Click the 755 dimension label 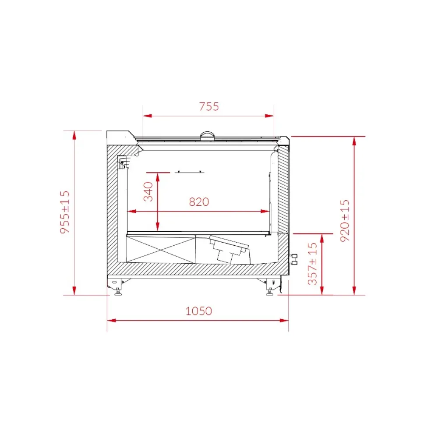click(x=208, y=106)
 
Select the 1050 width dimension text click(x=198, y=311)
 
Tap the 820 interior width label click(x=199, y=202)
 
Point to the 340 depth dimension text click(x=149, y=191)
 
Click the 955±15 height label click(x=65, y=212)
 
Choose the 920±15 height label click(x=345, y=220)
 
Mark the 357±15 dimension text click(x=313, y=265)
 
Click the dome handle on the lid click(x=208, y=135)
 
